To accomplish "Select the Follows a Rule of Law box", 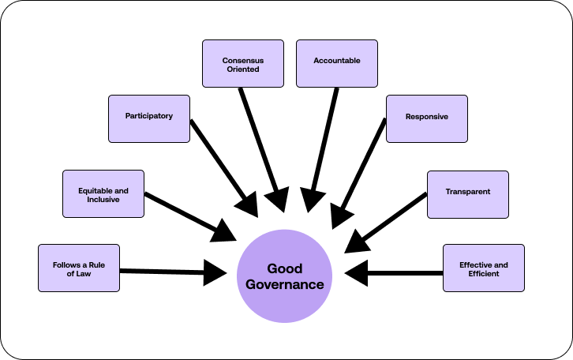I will [79, 268].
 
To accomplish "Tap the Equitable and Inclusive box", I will [103, 193].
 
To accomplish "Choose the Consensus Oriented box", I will [242, 63].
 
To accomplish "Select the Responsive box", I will [426, 118].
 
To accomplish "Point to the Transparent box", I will [467, 193].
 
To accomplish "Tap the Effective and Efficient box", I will [483, 268].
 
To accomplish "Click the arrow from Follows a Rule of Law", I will [174, 272].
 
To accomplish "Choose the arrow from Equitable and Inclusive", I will [189, 216].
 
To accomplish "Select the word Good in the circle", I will [284, 268].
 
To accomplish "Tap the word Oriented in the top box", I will [242, 69].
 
